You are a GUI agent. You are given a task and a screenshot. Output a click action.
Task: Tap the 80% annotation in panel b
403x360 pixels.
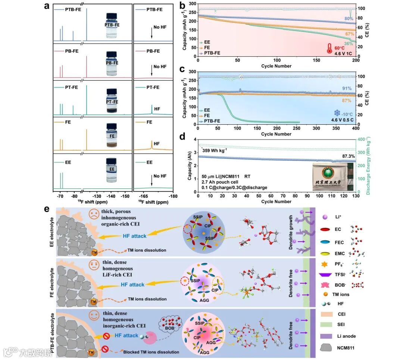(x=349, y=18)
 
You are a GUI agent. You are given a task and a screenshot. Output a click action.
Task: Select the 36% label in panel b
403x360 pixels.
(x=349, y=44)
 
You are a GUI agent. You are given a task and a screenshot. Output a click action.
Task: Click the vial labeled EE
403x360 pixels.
(x=112, y=169)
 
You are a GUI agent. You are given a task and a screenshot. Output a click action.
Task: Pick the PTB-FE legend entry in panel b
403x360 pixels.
(x=211, y=53)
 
